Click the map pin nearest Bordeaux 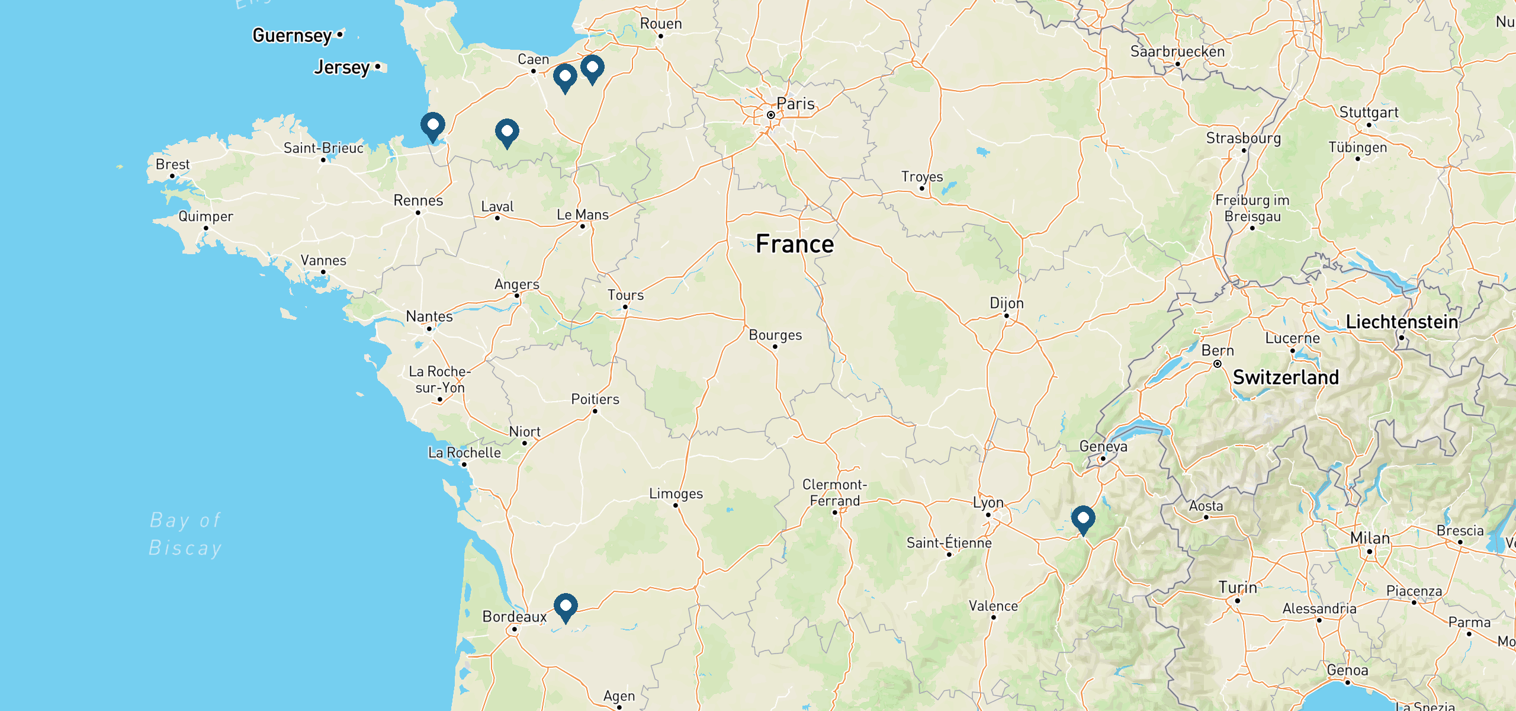coord(566,607)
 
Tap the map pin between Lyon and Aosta coord(1083,520)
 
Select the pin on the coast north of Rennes coord(433,126)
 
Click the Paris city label coord(795,104)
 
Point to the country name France coord(795,244)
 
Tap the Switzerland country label coord(1286,377)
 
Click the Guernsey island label coord(292,36)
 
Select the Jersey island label coord(342,68)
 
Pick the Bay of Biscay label coord(185,534)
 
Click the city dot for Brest coord(172,176)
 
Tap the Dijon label coord(1006,303)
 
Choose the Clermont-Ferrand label coord(834,492)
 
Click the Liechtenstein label coord(1402,322)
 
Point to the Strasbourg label coord(1244,138)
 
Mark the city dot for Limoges coord(676,505)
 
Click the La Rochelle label coord(464,453)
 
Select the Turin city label coord(1238,588)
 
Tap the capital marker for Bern coord(1218,364)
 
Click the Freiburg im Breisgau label coord(1252,208)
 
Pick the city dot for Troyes coord(921,188)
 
